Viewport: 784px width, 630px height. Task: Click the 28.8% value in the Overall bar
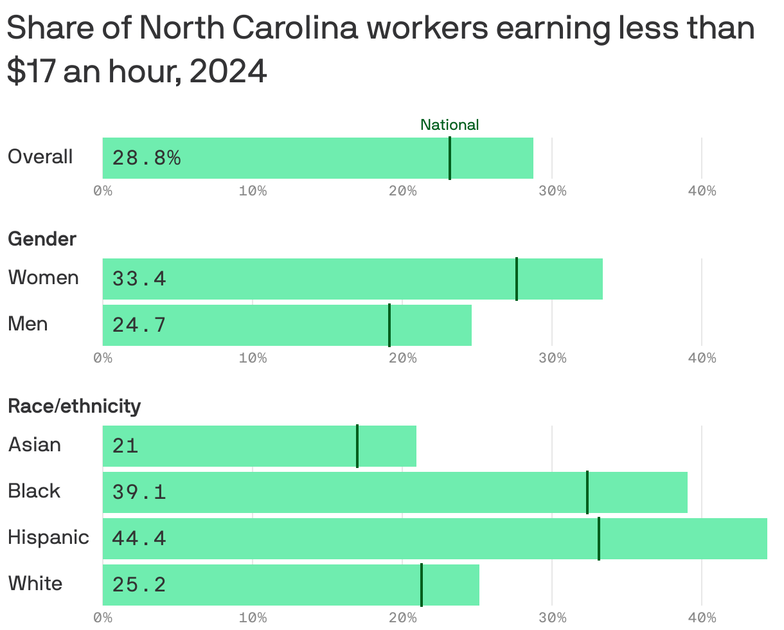point(147,158)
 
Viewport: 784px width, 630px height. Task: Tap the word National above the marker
point(449,125)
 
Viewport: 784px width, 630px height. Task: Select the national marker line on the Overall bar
point(450,158)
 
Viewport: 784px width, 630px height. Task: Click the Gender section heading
point(42,239)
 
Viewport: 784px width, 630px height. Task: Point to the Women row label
point(43,278)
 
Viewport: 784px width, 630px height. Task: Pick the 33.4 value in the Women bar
point(139,279)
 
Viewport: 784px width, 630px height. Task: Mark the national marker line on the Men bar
point(389,325)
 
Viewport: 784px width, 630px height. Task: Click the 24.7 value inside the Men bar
point(139,325)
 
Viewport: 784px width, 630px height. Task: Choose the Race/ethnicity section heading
point(74,406)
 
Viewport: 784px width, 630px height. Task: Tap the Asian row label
point(35,445)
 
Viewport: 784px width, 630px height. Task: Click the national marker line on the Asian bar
point(357,446)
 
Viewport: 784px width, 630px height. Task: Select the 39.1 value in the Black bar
point(139,492)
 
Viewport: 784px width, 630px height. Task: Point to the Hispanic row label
point(48,537)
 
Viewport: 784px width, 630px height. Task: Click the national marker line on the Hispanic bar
point(599,539)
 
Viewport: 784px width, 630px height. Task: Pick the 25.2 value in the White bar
point(139,585)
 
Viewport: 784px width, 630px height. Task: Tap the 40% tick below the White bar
point(702,618)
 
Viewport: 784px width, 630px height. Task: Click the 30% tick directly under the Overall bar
point(552,191)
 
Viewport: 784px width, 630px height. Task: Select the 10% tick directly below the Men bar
point(253,358)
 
